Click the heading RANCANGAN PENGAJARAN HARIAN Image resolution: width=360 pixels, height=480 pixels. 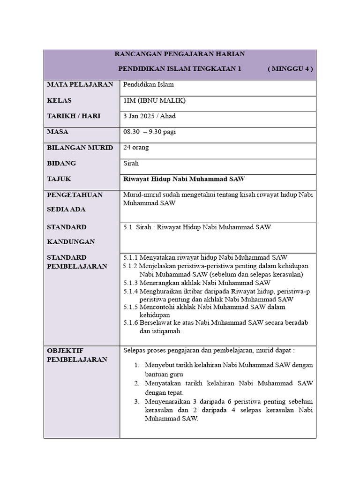pyautogui.click(x=180, y=54)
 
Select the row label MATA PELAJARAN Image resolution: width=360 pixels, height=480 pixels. pyautogui.click(x=80, y=84)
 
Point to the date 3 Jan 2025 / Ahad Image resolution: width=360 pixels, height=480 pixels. pyautogui.click(x=149, y=116)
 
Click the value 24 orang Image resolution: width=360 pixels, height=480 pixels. pyautogui.click(x=136, y=148)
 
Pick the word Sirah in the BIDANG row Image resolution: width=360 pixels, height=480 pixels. pyautogui.click(x=131, y=164)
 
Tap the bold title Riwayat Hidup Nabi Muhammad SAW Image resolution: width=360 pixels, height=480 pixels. pyautogui.click(x=184, y=179)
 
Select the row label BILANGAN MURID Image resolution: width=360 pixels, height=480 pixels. pyautogui.click(x=80, y=148)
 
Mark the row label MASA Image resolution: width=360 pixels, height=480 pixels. pyautogui.click(x=58, y=132)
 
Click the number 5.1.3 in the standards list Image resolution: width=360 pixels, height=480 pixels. pyautogui.click(x=131, y=283)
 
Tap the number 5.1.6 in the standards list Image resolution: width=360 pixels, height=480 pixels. pyautogui.click(x=131, y=323)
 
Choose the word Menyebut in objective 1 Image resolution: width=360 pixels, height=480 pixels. pyautogui.click(x=158, y=365)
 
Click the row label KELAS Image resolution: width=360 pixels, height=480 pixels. pyautogui.click(x=59, y=100)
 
